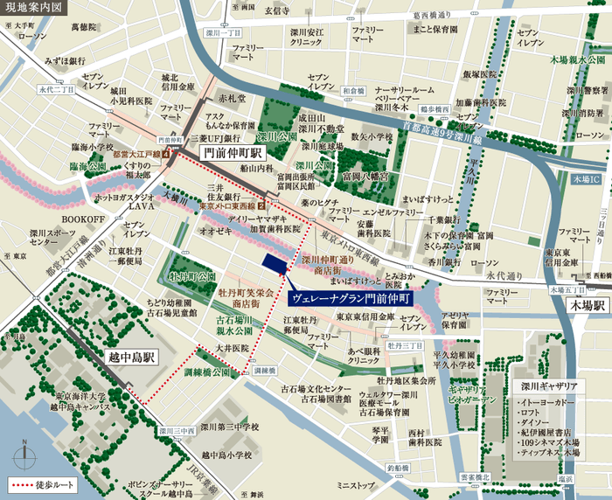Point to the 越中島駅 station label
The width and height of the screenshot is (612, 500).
tap(131, 357)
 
